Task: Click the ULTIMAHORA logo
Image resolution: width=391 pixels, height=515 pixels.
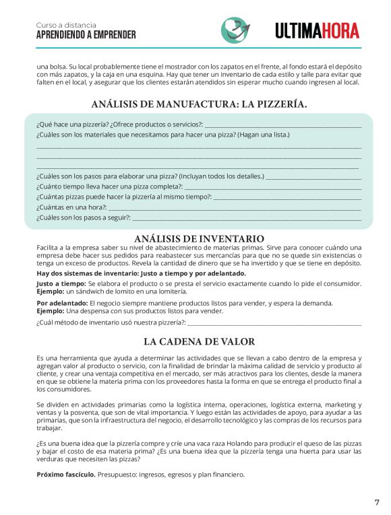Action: (x=317, y=30)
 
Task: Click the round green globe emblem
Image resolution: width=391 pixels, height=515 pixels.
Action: (x=234, y=30)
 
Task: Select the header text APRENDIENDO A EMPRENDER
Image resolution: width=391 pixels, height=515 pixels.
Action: (x=86, y=35)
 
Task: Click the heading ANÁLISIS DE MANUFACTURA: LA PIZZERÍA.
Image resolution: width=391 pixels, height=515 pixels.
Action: (x=199, y=104)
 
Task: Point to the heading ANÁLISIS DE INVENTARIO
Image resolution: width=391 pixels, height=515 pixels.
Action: (x=199, y=239)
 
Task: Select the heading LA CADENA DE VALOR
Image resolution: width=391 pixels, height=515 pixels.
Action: (x=199, y=341)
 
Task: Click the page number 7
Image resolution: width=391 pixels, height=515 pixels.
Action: (x=377, y=502)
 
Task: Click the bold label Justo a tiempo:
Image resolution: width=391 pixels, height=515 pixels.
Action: (x=61, y=284)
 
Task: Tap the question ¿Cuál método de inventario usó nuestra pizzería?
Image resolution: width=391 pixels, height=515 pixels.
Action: (x=111, y=323)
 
